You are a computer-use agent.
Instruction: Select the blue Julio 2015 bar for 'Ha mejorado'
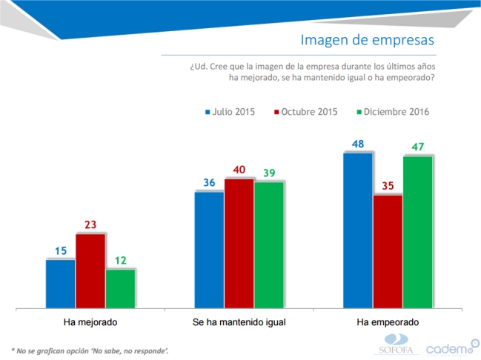[60, 283]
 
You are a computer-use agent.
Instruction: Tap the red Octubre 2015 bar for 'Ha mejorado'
[90, 270]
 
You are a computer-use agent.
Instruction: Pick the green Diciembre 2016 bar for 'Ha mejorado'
[120, 288]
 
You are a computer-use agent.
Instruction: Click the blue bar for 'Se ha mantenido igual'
[209, 250]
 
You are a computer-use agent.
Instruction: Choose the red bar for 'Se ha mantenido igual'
[239, 243]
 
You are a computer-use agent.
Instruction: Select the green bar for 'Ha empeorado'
[417, 232]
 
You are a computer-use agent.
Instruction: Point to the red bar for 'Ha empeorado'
[388, 251]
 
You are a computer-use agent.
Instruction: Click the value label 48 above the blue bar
[358, 144]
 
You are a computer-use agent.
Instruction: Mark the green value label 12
[120, 260]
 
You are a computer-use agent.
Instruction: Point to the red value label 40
[239, 170]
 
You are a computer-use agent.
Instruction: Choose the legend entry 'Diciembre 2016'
[393, 112]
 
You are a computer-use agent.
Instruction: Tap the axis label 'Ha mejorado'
[90, 323]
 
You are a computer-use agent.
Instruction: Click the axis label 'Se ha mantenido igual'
[239, 323]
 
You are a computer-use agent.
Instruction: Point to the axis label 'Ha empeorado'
[388, 323]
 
